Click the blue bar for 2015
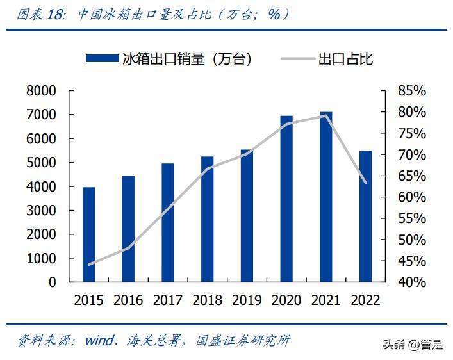88,234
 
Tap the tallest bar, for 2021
326,197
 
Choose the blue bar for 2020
286,199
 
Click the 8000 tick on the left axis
42,91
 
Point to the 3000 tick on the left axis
42,211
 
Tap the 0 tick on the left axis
53,282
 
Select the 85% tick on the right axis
411,91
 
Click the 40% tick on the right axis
411,282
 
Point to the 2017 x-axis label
169,300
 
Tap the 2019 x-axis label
247,300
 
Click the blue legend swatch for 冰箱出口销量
103,59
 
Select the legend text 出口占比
345,59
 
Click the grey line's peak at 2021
326,115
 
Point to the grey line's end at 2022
366,183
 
